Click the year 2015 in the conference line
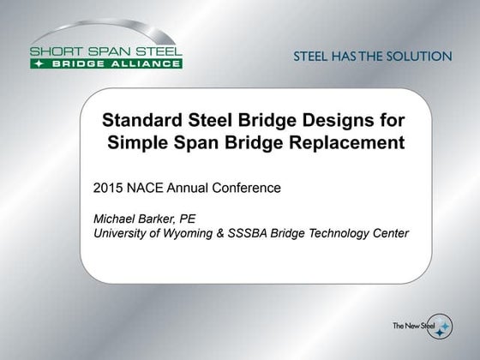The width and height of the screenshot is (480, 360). [108, 187]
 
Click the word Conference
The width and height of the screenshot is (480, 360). [248, 187]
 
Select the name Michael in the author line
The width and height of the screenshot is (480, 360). [115, 218]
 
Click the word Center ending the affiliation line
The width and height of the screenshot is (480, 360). [390, 233]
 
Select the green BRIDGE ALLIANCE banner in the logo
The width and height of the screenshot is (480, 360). [105, 63]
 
